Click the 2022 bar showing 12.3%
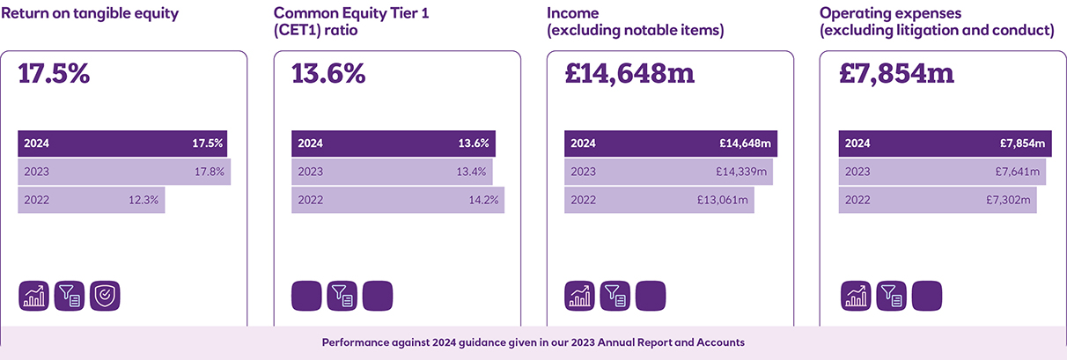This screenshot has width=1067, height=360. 92,200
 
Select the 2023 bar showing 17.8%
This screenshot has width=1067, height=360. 124,172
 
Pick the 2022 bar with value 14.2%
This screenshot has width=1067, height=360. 398,200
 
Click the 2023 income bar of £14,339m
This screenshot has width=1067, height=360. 668,172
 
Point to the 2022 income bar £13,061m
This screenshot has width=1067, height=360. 659,200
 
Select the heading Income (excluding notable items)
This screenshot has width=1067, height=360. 635,22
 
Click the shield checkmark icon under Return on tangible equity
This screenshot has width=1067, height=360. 105,296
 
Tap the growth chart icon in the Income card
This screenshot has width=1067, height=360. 579,296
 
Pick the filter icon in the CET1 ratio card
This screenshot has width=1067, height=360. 342,296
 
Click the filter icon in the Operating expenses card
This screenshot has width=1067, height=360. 891,296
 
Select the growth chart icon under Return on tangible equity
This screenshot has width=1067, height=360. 33,296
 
